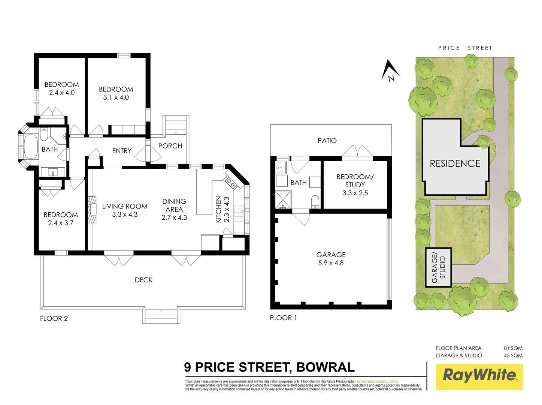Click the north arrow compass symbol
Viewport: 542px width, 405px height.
[390, 71]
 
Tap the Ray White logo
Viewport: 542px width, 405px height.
[479, 376]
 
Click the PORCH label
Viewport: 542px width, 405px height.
[170, 146]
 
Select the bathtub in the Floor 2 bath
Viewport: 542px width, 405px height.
[31, 147]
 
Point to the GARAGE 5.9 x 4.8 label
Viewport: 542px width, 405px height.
[331, 259]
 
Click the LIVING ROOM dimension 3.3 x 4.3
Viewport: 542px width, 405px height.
[125, 214]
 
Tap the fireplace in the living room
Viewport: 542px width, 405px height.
[91, 210]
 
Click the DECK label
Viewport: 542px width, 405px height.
[143, 280]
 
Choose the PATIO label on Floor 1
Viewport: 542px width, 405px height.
[327, 141]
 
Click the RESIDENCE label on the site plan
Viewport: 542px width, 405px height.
[455, 163]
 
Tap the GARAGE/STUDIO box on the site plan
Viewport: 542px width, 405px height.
[438, 267]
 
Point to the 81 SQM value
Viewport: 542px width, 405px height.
[513, 348]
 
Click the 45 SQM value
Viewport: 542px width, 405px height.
[513, 355]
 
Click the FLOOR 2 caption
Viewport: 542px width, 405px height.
[54, 318]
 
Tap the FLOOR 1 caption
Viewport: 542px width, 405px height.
[283, 318]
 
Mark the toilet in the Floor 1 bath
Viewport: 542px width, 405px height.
[315, 201]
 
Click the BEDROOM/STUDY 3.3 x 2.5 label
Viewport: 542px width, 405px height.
[355, 184]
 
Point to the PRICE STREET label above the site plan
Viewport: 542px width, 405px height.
[465, 48]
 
